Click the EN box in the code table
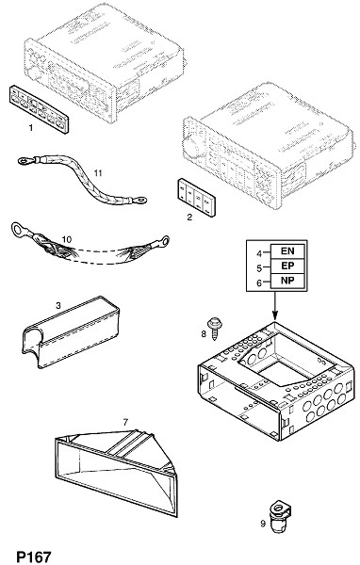coord(287,251)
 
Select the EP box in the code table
coord(287,266)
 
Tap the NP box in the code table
coord(287,281)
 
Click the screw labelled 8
coord(215,327)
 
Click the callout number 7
coord(125,422)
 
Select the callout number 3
coord(58,306)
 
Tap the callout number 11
coord(98,173)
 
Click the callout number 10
coord(67,239)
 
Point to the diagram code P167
coord(34,557)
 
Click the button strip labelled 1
coord(39,109)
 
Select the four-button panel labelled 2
coord(196,198)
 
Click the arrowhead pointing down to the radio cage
coord(275,316)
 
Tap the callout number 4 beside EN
coord(259,253)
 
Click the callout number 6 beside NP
coord(259,283)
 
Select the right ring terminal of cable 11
coord(140,199)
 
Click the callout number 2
coord(189,217)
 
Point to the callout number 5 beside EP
coord(259,268)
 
